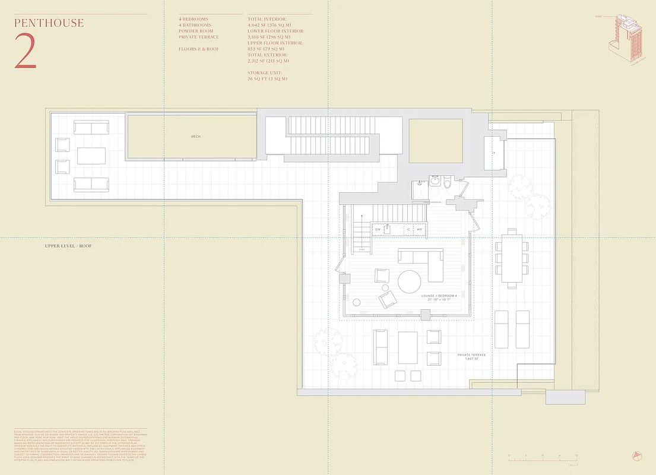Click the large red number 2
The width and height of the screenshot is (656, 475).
[x=26, y=55]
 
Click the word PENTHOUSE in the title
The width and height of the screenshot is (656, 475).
[x=49, y=23]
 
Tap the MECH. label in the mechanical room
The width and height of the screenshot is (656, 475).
[x=196, y=137]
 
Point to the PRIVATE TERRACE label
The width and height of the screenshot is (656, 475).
[x=471, y=355]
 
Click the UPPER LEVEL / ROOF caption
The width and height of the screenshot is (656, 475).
[x=68, y=246]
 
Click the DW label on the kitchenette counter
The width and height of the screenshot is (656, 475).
[x=378, y=229]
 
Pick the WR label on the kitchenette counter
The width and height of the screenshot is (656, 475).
[x=419, y=229]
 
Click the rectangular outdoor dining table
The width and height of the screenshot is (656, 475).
[x=512, y=258]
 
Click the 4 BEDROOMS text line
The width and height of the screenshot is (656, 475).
[x=194, y=19]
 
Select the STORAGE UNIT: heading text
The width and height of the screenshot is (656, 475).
[x=265, y=72]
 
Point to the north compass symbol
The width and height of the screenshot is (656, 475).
[x=638, y=455]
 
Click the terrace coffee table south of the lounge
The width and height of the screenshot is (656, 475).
[x=408, y=347]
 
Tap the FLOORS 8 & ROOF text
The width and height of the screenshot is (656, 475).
[x=199, y=49]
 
